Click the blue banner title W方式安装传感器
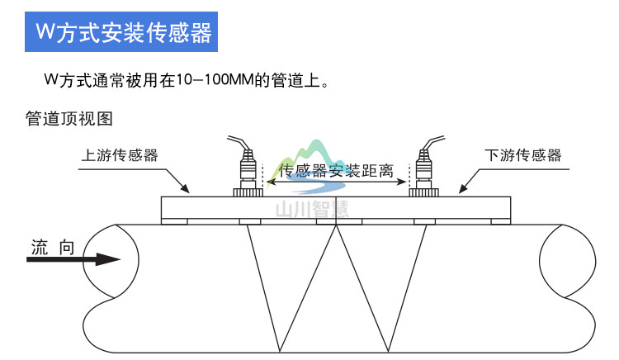(124, 32)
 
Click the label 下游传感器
(522, 154)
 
